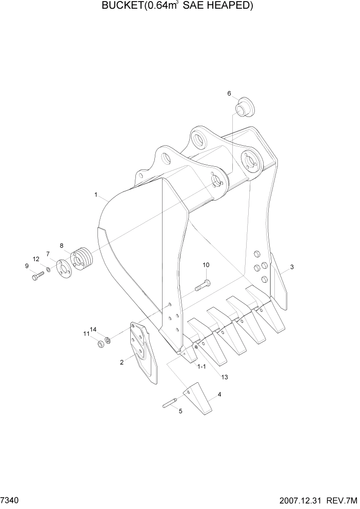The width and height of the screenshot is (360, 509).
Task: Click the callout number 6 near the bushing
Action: point(230,93)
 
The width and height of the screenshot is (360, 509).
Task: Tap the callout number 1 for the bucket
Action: point(96,194)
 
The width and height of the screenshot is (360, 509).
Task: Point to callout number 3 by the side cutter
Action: point(291,267)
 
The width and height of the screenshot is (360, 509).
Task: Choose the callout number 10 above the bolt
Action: point(206,265)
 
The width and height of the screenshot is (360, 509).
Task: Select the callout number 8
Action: point(62,245)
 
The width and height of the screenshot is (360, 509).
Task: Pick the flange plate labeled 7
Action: point(63,268)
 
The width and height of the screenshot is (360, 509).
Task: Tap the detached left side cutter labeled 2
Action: point(144,353)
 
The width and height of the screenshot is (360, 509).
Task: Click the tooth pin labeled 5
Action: point(171,403)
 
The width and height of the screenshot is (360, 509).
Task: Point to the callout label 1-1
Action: point(202,366)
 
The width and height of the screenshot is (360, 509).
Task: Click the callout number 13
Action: point(224,377)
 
